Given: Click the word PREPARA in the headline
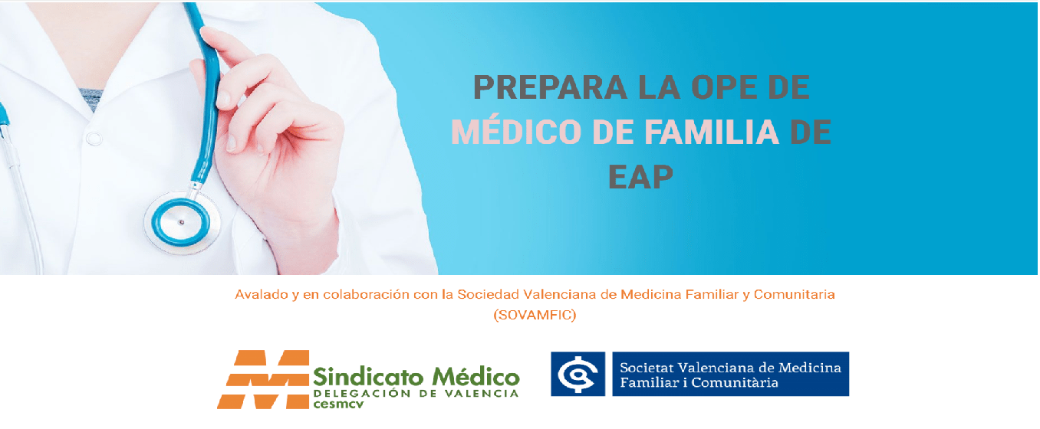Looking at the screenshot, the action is (550, 87).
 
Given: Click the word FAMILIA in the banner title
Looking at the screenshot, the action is (712, 132).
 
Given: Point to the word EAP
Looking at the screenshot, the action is (640, 176).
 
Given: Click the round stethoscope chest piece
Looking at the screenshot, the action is (182, 222).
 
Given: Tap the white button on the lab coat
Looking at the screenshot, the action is (94, 138).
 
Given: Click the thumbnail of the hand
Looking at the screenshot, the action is (224, 99).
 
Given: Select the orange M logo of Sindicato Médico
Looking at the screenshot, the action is (263, 379).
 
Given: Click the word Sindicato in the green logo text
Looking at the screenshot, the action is (368, 377).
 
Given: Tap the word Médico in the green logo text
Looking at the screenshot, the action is (476, 377).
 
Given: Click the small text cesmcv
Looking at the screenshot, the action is (338, 404).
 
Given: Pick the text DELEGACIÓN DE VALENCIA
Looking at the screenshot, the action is (416, 393).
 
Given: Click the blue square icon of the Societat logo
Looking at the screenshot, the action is (578, 374).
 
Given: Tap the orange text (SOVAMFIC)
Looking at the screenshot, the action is (535, 315).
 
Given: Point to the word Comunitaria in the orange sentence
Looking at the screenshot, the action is (794, 294).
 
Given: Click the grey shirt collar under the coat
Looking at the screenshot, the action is (91, 99).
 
